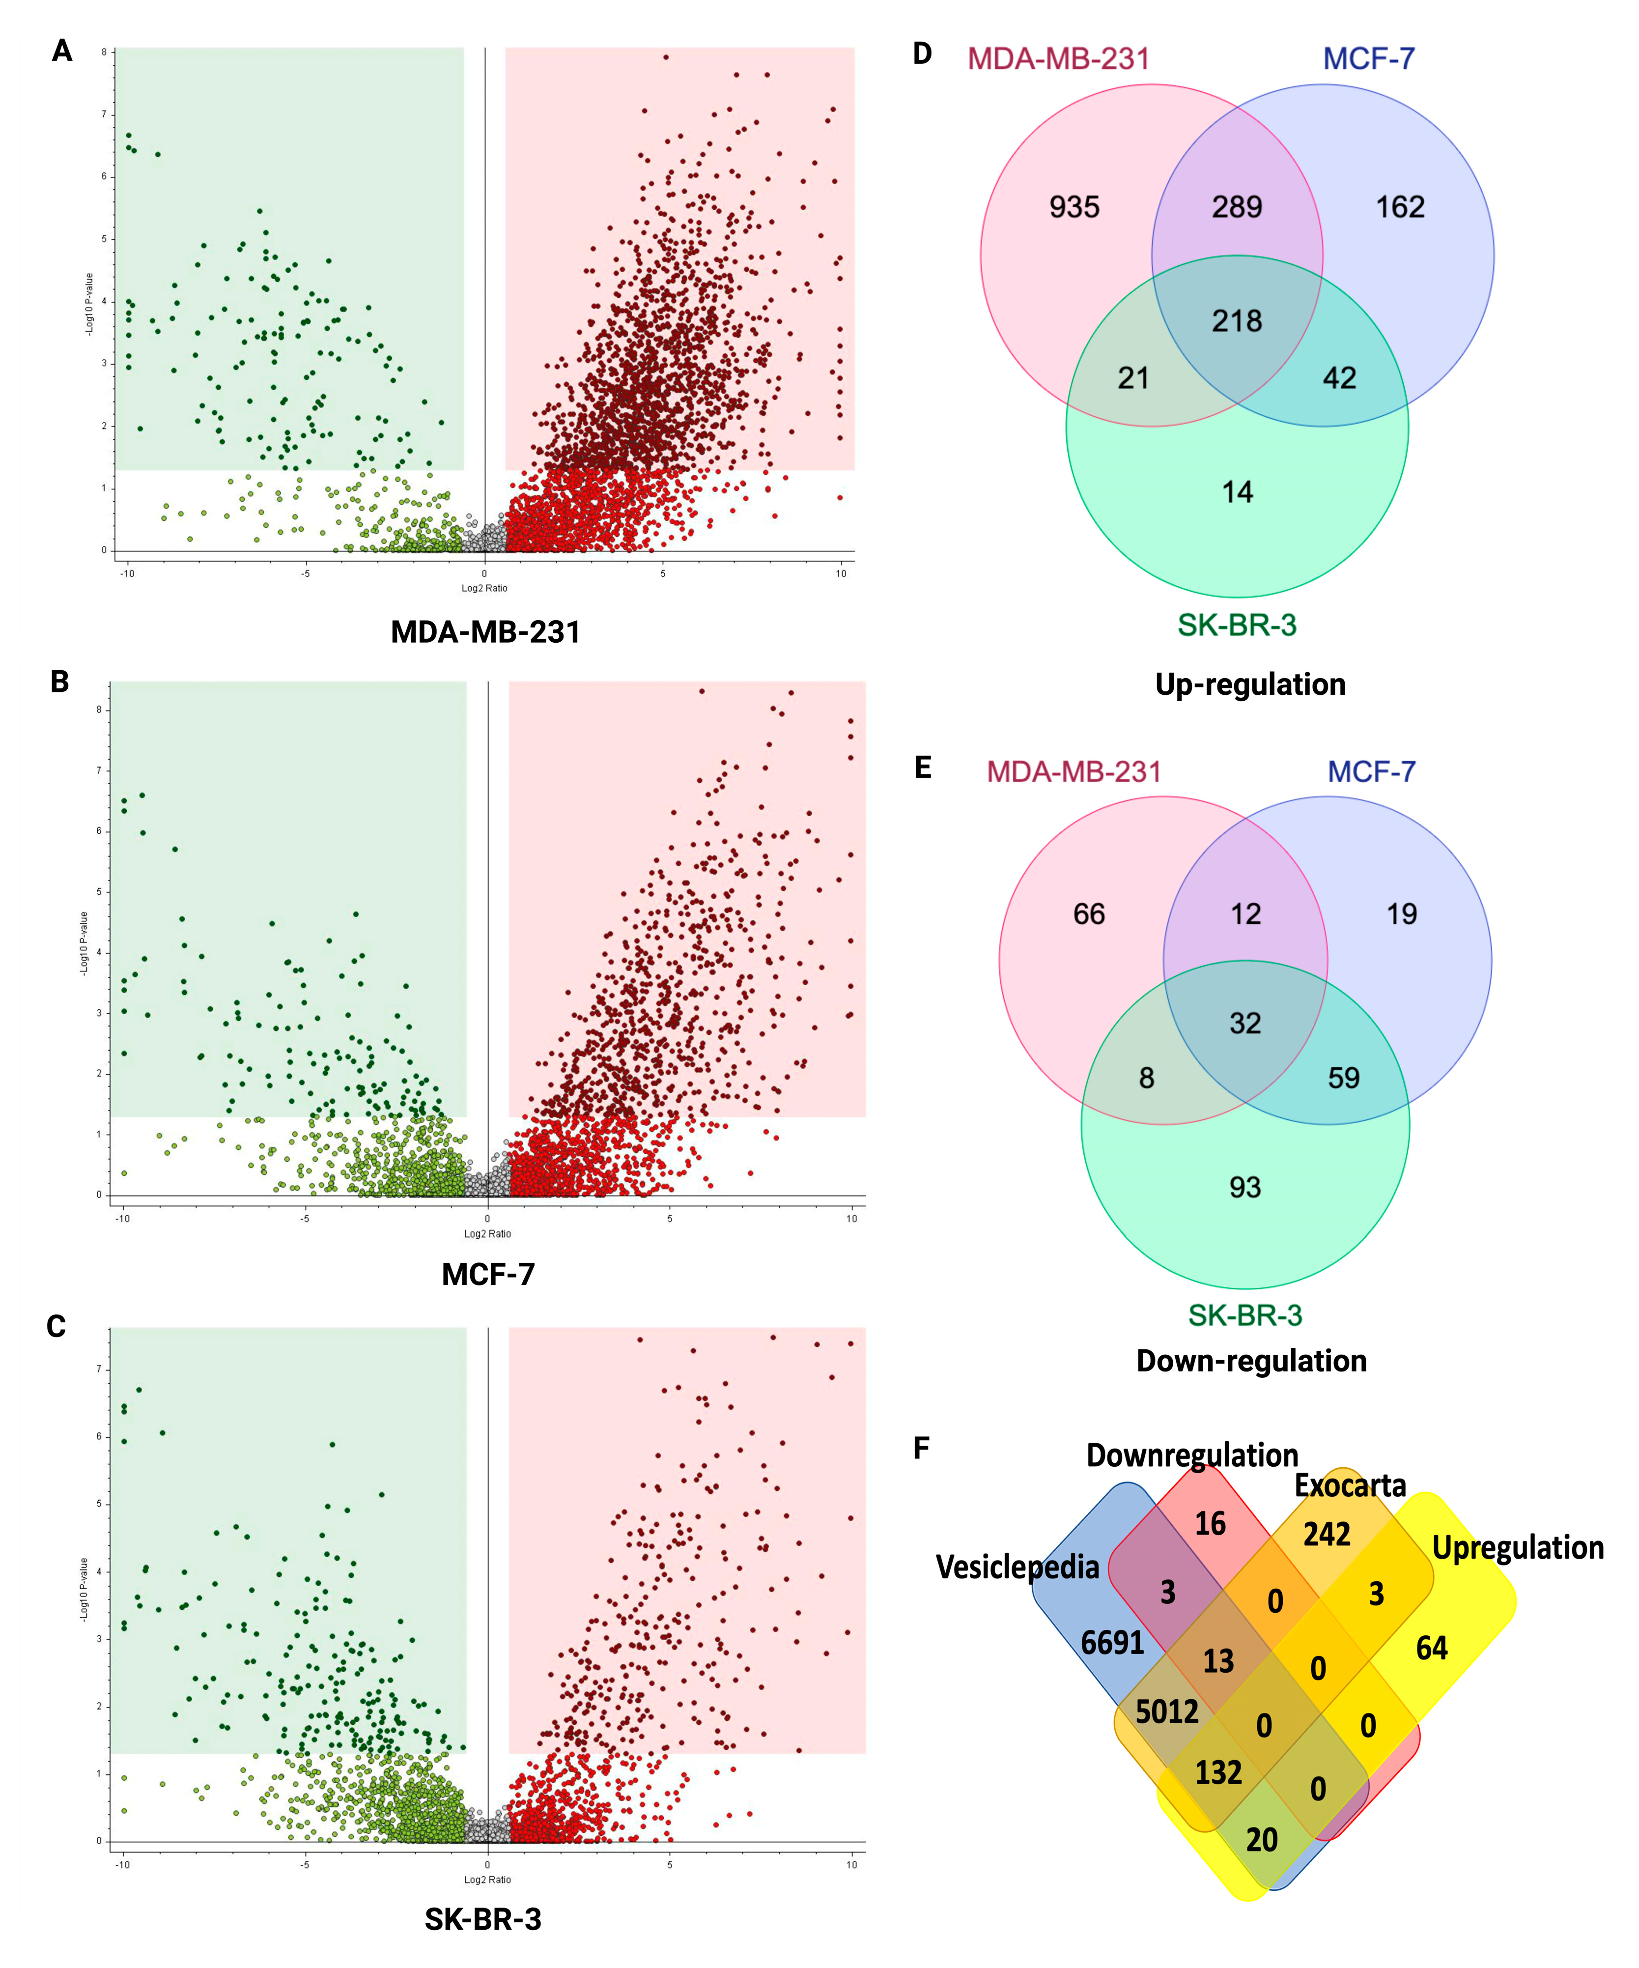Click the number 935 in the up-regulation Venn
pos(1074,207)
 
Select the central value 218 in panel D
pos(1237,321)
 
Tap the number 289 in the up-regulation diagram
pos(1237,207)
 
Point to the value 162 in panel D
pos(1400,207)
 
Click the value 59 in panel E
pos(1343,1078)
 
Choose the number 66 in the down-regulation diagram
pos(1089,913)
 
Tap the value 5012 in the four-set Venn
pos(1167,1712)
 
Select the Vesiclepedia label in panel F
pos(1017,1567)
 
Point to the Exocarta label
pos(1351,1485)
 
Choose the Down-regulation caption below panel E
pos(1251,1361)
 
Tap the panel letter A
pos(62,51)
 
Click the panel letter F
pos(921,1448)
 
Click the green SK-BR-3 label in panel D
pos(1237,625)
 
